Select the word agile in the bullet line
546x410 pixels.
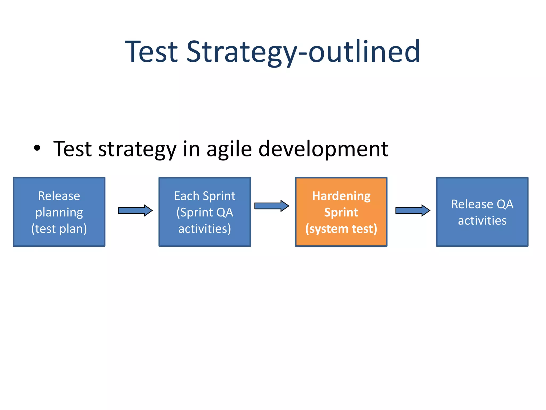229,149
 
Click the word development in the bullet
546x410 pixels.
323,149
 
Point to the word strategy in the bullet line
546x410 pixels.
137,149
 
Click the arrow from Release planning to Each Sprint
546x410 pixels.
135,211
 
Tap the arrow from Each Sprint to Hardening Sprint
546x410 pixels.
272,206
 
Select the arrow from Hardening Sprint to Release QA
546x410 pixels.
413,211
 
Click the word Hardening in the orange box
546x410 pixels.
341,196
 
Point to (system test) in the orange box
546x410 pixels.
341,229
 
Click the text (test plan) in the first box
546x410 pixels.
59,229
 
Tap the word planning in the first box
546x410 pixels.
59,212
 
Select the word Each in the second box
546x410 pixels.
186,196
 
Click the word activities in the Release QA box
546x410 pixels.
482,221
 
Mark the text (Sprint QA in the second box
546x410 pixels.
204,212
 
